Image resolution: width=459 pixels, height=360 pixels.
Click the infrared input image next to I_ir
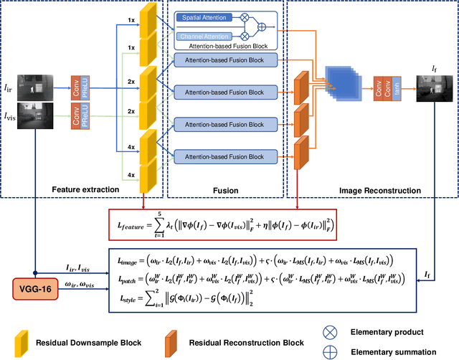click(x=39, y=85)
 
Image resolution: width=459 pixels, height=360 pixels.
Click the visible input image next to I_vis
click(x=39, y=118)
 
